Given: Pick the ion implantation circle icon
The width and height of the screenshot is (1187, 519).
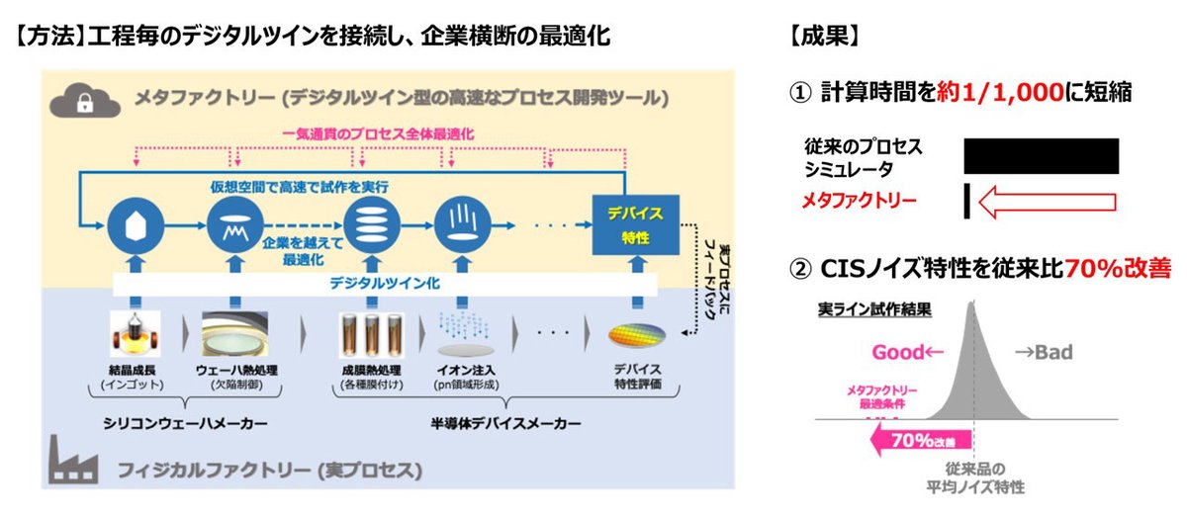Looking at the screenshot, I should pos(456,223).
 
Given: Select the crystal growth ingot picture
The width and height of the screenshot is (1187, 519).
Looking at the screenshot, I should pos(135,336).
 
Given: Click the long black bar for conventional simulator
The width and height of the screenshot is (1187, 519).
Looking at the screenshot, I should pos(1042,156).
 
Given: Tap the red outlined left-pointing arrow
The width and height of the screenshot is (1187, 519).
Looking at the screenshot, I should pos(1047,202).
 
